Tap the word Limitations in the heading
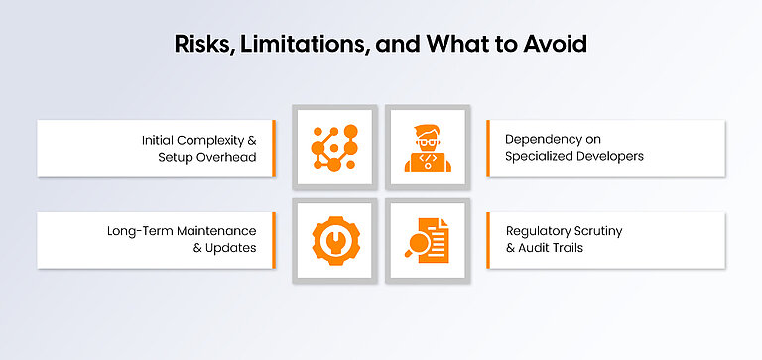tap(287, 45)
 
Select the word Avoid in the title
tap(556, 45)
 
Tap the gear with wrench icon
tap(334, 239)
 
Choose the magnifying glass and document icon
tap(427, 239)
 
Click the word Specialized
tap(541, 157)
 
